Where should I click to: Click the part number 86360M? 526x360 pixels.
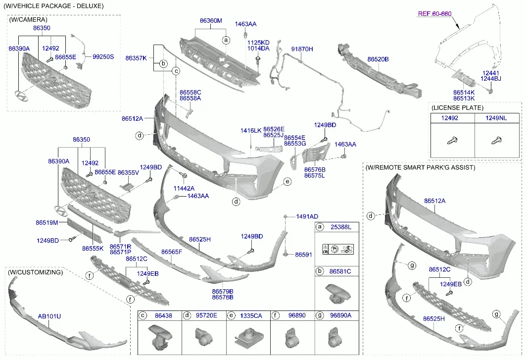[211, 21]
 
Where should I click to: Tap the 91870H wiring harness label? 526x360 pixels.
[302, 49]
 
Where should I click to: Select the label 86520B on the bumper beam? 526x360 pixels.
[378, 59]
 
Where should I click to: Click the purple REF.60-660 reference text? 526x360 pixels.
[435, 14]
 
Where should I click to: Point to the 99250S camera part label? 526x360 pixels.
[103, 57]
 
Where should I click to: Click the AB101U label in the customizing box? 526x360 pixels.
[49, 316]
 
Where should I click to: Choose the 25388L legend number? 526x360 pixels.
[341, 227]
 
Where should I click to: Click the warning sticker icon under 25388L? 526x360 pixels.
[337, 249]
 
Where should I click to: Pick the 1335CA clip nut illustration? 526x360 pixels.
[248, 337]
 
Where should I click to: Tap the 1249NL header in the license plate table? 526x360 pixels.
[496, 118]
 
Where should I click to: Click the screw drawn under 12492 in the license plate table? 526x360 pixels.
[452, 140]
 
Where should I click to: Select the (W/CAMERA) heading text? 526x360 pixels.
[28, 20]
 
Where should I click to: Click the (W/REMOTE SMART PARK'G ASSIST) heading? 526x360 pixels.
[420, 167]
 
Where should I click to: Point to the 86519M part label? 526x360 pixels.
[47, 223]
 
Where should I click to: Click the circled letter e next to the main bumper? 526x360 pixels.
[287, 182]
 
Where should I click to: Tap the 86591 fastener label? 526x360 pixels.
[304, 255]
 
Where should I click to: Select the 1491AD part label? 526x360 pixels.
[307, 216]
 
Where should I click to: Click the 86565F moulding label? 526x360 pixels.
[171, 252]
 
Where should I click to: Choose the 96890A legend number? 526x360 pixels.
[341, 316]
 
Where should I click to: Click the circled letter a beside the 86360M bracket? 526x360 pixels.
[227, 40]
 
